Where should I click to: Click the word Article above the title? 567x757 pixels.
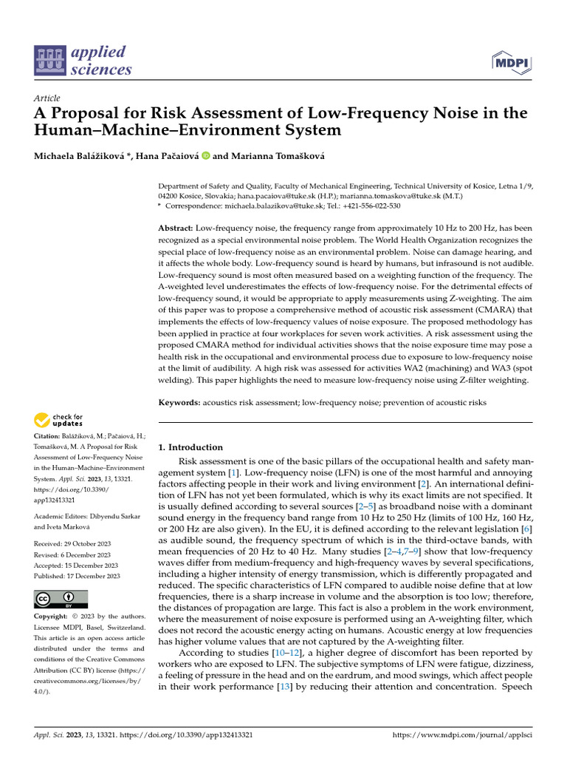pyautogui.click(x=47, y=98)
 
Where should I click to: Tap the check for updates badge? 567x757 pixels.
pyautogui.click(x=59, y=421)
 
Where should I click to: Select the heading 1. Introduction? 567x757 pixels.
pyautogui.click(x=191, y=447)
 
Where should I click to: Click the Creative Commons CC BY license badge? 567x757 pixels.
pyautogui.click(x=61, y=599)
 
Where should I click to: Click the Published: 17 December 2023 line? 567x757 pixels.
pyautogui.click(x=76, y=575)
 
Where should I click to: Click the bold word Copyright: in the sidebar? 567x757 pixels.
pyautogui.click(x=55, y=617)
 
